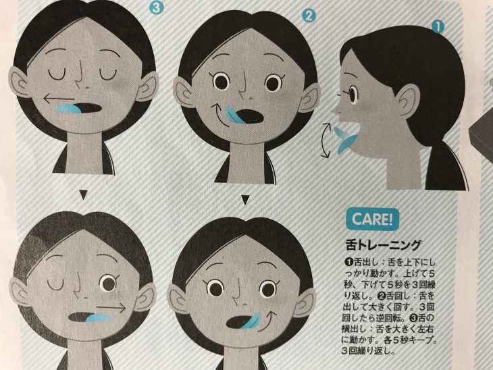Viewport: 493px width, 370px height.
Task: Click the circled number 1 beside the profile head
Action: [x=437, y=26]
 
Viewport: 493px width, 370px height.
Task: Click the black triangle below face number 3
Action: [x=82, y=195]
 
